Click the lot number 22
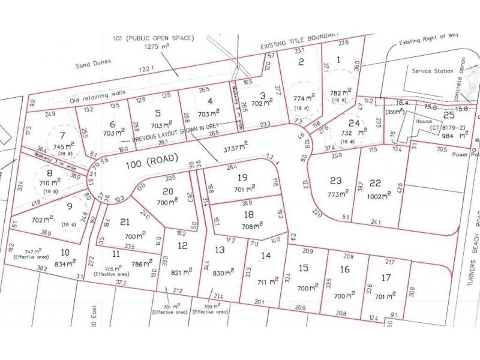(376, 182)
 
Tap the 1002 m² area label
(376, 194)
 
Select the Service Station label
(433, 71)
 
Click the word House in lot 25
(422, 120)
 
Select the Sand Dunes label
(90, 66)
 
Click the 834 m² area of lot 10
(65, 264)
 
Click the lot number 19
(242, 177)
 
